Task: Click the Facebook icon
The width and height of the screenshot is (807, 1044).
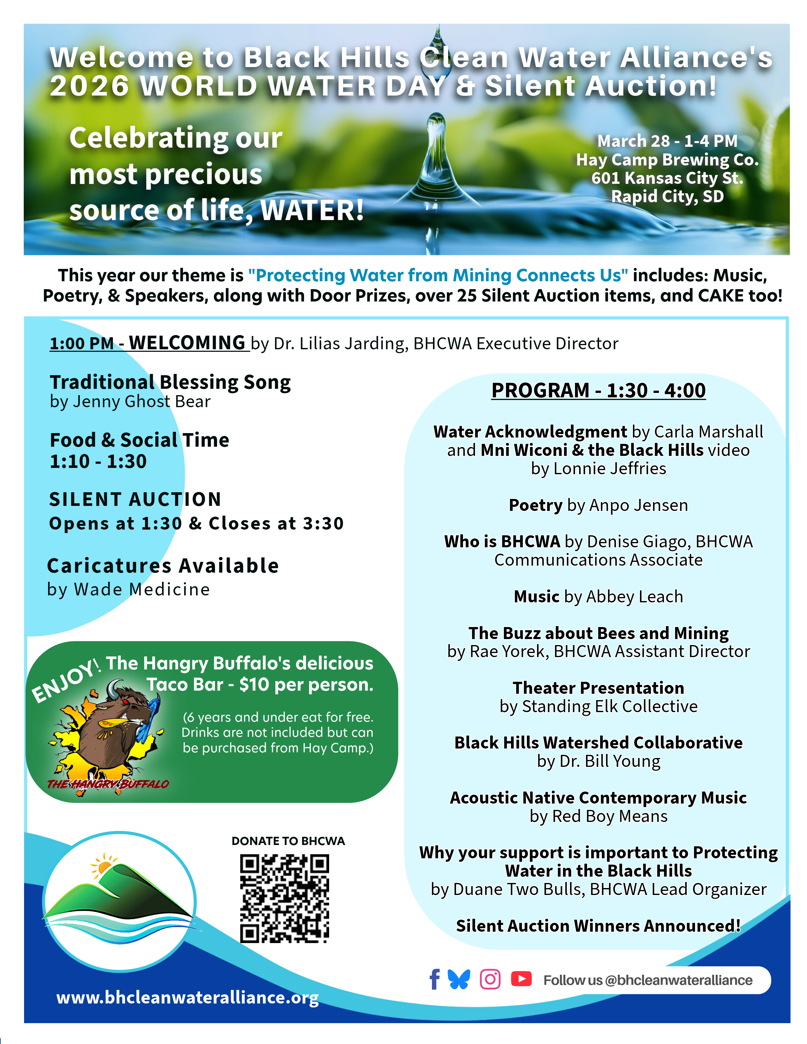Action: [434, 979]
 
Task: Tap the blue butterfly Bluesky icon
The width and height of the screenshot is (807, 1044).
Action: [459, 979]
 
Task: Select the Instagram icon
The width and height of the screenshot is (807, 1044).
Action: [490, 979]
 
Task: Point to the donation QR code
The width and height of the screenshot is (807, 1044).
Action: [285, 899]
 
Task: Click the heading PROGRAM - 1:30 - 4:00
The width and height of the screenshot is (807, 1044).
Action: [598, 390]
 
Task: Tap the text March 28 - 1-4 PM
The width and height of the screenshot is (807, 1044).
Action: [667, 141]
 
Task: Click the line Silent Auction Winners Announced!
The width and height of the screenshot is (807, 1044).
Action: [598, 926]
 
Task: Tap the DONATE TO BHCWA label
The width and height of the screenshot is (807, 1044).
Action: [288, 841]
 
